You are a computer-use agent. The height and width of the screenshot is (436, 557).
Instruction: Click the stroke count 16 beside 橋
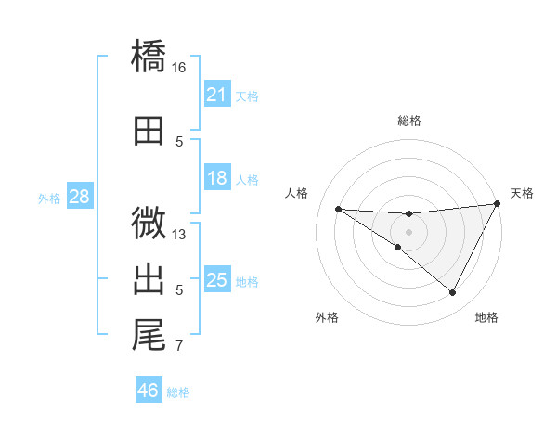point(179,68)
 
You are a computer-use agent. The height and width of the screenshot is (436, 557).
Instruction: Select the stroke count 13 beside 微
point(179,235)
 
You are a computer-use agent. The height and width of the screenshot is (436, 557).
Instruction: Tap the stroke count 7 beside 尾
point(179,347)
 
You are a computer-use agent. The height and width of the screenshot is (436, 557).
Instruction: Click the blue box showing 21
point(216,94)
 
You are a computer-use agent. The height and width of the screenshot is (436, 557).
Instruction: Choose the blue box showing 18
point(216,178)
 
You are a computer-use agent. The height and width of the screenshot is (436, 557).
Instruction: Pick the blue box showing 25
point(216,280)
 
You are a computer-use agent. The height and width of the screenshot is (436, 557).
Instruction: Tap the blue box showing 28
point(79,197)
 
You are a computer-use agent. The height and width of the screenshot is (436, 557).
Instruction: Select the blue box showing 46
point(148,391)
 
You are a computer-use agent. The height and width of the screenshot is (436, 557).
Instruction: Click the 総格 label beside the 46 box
point(178,392)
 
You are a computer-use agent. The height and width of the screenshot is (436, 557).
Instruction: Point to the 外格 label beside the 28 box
point(49,198)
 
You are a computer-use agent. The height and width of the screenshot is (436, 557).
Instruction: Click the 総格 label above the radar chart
point(408,121)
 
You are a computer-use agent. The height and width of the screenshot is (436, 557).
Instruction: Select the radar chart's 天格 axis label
point(522,193)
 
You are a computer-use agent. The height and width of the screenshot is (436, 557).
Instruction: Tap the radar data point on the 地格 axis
point(452,293)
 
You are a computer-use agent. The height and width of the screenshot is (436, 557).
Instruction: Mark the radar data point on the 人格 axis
point(338,209)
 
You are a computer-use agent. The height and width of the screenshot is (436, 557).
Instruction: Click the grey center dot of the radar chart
point(408,231)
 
